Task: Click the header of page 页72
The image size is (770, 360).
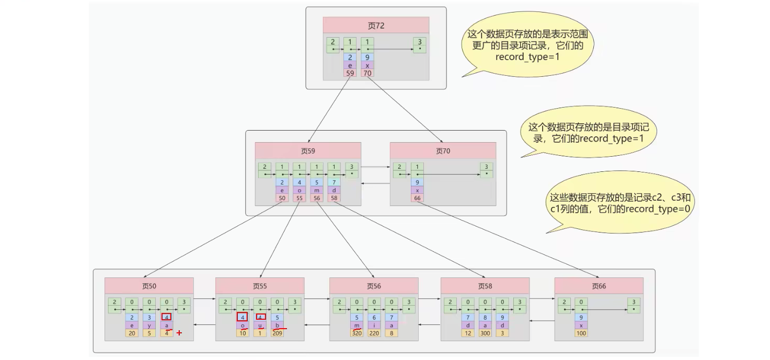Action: pyautogui.click(x=376, y=26)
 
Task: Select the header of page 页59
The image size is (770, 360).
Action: pyautogui.click(x=308, y=151)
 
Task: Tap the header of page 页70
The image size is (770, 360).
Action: pyautogui.click(x=443, y=151)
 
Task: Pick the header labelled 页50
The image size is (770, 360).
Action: pyautogui.click(x=149, y=286)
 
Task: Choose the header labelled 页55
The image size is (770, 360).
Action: pyautogui.click(x=260, y=286)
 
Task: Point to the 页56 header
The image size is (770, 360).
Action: pyautogui.click(x=374, y=286)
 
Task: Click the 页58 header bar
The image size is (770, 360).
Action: pyautogui.click(x=485, y=286)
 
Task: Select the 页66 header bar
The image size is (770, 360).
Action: pyautogui.click(x=599, y=286)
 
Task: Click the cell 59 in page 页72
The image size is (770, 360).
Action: pyautogui.click(x=350, y=74)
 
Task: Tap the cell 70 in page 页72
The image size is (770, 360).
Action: pyautogui.click(x=367, y=74)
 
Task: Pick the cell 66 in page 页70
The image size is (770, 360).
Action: pyautogui.click(x=417, y=198)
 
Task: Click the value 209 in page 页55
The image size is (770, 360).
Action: pyautogui.click(x=278, y=333)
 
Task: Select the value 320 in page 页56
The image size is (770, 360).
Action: pyautogui.click(x=357, y=333)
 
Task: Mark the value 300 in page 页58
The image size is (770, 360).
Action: pyautogui.click(x=485, y=333)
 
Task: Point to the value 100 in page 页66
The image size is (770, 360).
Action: pyautogui.click(x=581, y=333)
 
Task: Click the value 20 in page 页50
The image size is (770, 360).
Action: pyautogui.click(x=131, y=333)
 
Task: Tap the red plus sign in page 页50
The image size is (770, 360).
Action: pyautogui.click(x=179, y=332)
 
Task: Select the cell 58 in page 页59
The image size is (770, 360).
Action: pyautogui.click(x=334, y=198)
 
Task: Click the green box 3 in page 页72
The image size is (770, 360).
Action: pyautogui.click(x=419, y=44)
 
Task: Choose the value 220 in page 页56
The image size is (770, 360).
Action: pyautogui.click(x=374, y=333)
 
